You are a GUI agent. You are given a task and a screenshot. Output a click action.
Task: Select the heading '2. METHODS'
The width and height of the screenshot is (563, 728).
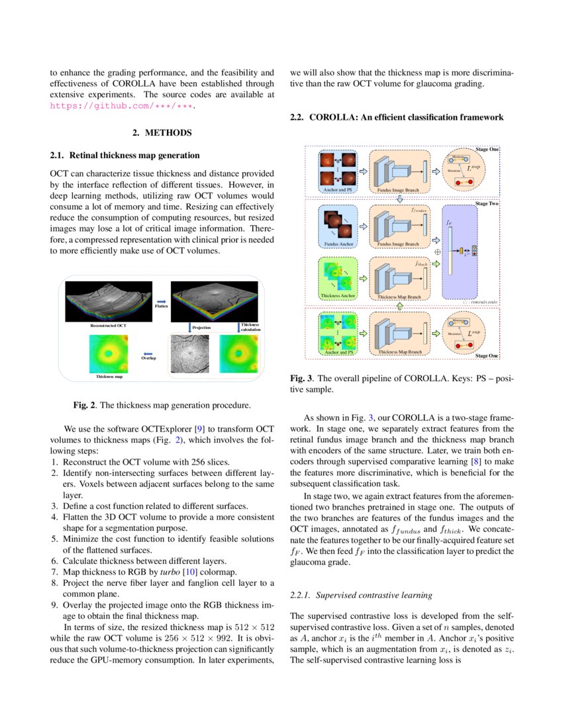tap(162, 133)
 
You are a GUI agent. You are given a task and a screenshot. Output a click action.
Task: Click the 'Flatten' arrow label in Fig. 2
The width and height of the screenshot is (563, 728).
tap(161, 306)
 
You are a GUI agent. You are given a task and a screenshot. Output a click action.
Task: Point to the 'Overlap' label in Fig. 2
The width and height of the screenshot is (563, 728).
tap(148, 358)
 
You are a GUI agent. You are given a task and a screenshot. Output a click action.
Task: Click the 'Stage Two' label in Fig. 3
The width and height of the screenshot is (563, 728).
tap(487, 204)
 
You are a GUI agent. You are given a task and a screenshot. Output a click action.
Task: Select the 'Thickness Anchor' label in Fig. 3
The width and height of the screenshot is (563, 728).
tap(338, 296)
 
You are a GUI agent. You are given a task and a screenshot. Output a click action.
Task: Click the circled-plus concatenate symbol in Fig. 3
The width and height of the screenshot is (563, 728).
tap(436, 252)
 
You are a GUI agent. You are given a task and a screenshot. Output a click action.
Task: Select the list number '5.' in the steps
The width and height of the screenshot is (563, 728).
tap(55, 539)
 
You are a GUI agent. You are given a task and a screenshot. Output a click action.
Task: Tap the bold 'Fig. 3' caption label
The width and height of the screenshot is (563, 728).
tap(301, 379)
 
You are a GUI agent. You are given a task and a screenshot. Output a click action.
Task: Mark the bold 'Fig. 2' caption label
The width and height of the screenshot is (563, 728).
tap(84, 404)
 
